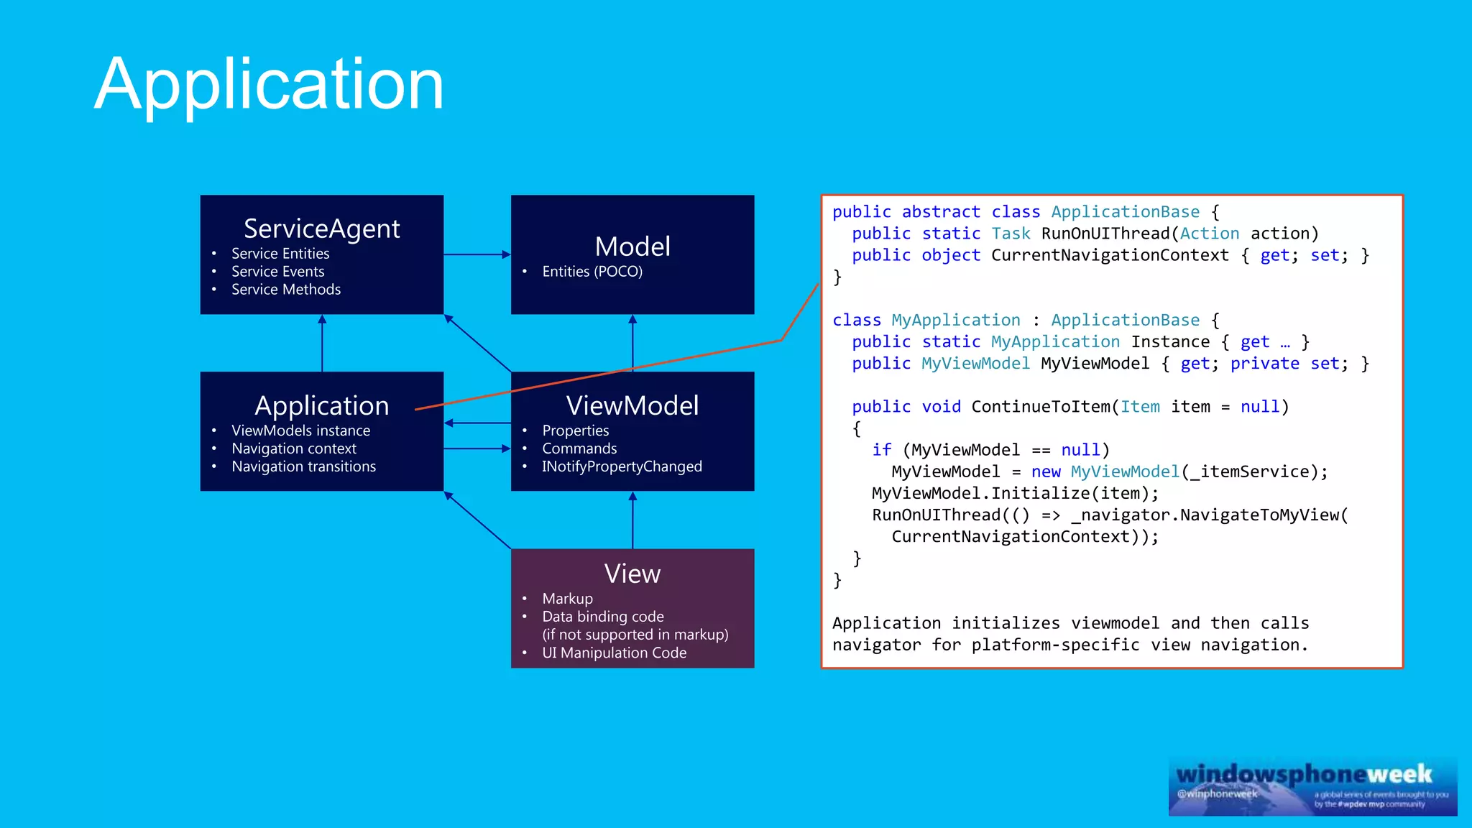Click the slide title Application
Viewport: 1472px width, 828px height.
(x=269, y=85)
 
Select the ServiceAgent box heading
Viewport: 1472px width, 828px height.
(x=321, y=229)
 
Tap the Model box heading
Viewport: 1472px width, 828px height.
(x=632, y=247)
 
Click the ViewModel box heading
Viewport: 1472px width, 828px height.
(x=632, y=405)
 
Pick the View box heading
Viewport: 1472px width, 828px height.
(x=632, y=574)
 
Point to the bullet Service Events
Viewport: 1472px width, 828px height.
(x=277, y=272)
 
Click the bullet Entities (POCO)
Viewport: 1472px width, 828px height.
(x=592, y=272)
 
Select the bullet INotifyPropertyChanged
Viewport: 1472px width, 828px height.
(x=622, y=466)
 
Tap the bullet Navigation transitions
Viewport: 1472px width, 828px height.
(x=303, y=466)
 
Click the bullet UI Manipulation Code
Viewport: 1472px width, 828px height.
(x=614, y=653)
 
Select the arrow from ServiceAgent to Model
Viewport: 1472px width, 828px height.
(x=477, y=254)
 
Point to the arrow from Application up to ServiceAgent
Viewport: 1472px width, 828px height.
(x=322, y=344)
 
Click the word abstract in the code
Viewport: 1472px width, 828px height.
(x=941, y=212)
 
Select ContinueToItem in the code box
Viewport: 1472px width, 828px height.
(x=1041, y=407)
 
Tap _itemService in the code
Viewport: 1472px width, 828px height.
(x=1250, y=471)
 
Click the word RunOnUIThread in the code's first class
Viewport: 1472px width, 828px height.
(x=1105, y=234)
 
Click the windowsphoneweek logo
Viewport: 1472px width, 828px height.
(x=1304, y=775)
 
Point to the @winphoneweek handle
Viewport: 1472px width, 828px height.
(x=1217, y=793)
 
